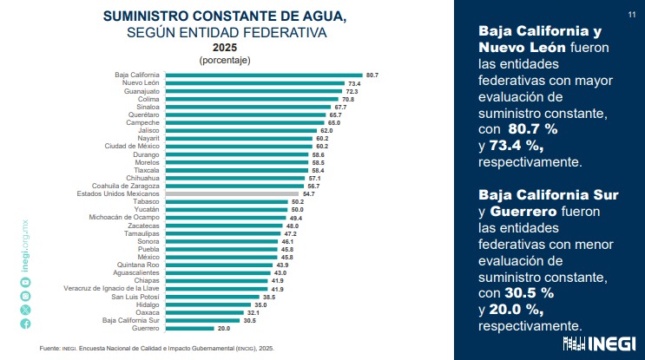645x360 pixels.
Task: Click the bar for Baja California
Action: pos(264,75)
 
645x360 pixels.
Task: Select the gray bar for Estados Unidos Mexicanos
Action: pos(232,194)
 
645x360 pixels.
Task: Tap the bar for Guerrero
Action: pos(189,329)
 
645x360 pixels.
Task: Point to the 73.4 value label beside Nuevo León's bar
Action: pos(354,83)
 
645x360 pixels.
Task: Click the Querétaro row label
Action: pos(143,115)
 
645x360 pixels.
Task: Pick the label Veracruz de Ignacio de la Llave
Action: pos(111,289)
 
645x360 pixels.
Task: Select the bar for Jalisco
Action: pos(241,131)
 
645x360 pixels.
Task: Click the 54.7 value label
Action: pos(308,194)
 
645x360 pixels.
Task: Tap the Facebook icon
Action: pos(25,324)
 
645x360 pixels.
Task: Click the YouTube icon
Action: pos(25,282)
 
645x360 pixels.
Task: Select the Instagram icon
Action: pos(25,296)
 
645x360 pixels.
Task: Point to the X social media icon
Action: pos(25,310)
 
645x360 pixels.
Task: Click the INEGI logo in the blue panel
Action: pos(599,344)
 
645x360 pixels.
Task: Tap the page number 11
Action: pos(632,15)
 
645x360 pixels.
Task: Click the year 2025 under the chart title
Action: pos(225,47)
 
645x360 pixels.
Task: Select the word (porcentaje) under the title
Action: pos(225,61)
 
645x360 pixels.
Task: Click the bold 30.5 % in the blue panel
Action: pos(529,293)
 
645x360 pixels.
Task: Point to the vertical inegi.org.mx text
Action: pos(25,245)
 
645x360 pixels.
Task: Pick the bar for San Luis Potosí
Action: pos(213,297)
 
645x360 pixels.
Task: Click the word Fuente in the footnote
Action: pos(49,349)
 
